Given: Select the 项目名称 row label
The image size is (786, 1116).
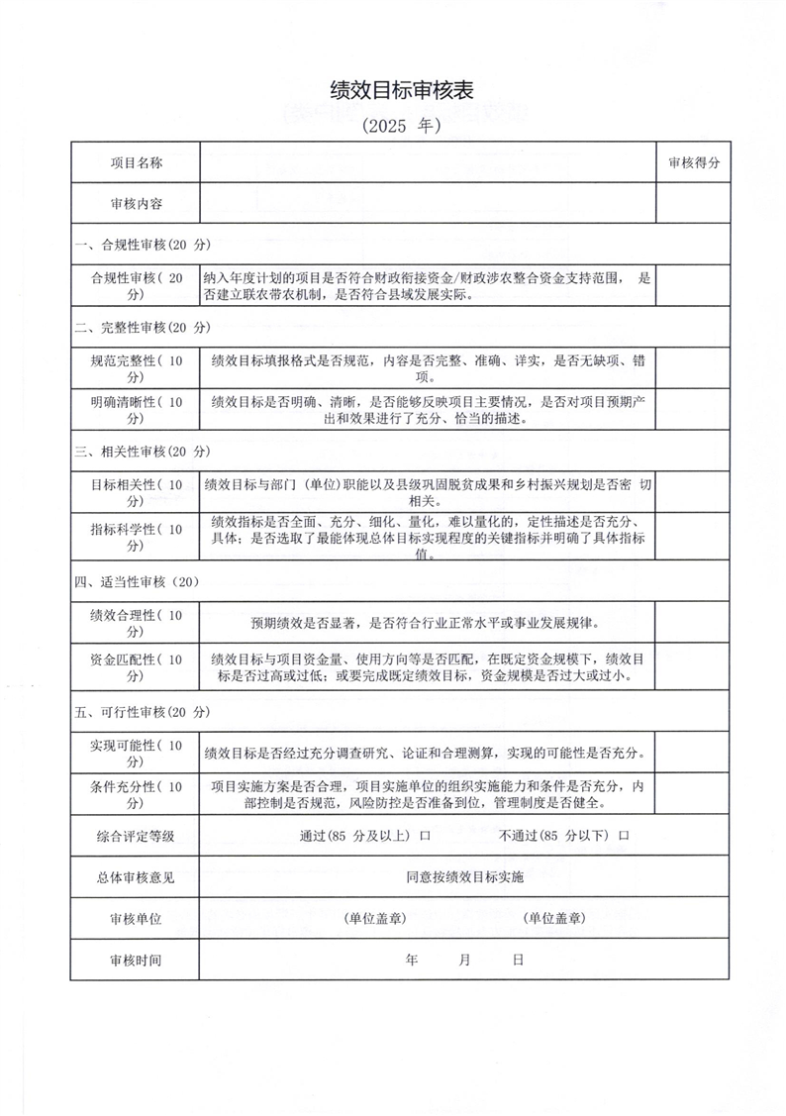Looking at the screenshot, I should (x=136, y=162).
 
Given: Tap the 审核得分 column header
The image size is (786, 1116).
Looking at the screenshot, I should (x=694, y=162).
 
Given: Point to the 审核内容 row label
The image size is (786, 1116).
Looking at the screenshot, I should (x=136, y=203).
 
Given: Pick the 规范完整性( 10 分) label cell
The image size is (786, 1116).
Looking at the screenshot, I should (x=136, y=368).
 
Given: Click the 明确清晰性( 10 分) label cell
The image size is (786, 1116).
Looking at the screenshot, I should (x=136, y=410).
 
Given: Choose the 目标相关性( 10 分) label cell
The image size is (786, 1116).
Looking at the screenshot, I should (x=136, y=492).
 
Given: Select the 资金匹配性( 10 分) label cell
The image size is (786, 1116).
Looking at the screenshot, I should (x=136, y=667).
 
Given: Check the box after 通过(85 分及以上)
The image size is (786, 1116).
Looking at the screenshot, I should (x=425, y=836).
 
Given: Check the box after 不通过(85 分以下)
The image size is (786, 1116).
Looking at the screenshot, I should (x=624, y=836).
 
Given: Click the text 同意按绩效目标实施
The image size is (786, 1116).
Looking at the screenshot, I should (x=464, y=877).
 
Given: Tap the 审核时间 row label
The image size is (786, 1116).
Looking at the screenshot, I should (x=136, y=961).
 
